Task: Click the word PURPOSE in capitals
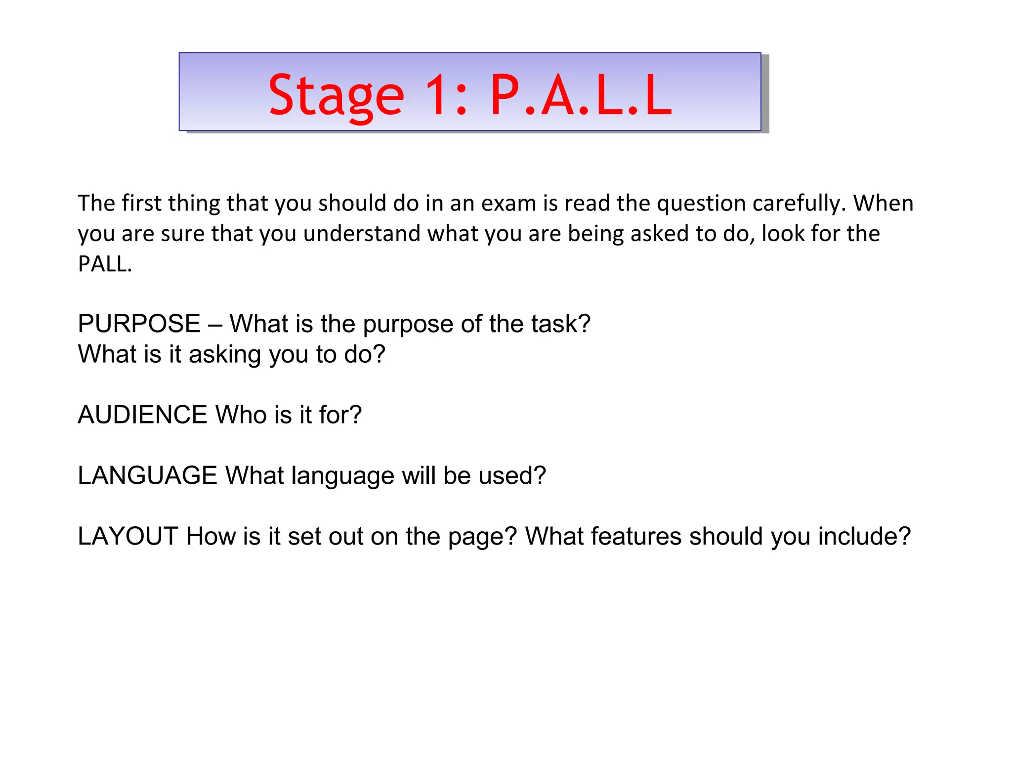pos(139,324)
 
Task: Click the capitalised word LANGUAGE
pos(147,475)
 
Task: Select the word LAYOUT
pos(127,536)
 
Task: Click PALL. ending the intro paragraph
pos(105,264)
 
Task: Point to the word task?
pos(561,324)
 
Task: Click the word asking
pos(225,354)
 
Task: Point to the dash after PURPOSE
pos(214,325)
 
